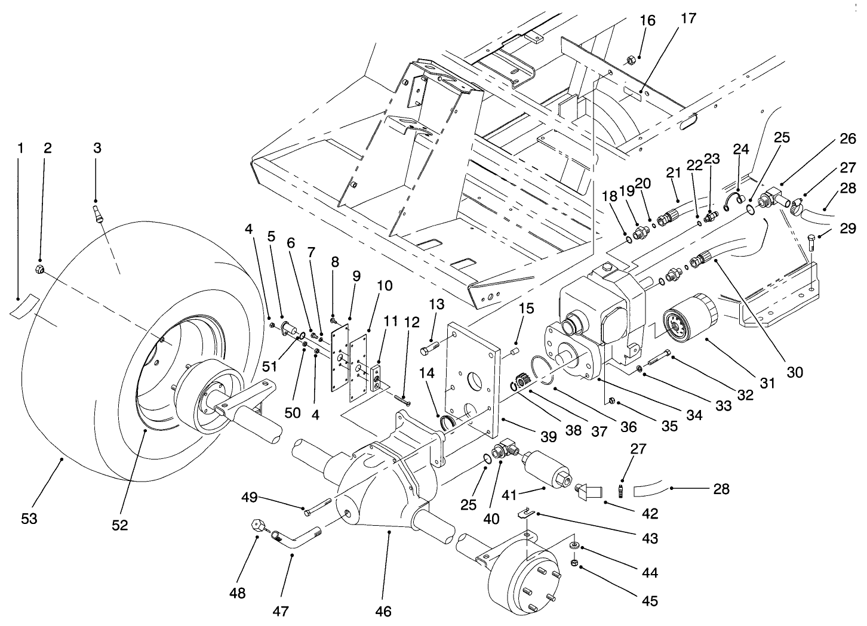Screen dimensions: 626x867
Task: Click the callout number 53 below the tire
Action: point(29,519)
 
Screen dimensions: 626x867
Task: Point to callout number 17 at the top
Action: point(688,18)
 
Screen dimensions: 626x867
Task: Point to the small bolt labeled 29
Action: point(813,242)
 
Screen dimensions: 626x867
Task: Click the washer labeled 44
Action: point(573,545)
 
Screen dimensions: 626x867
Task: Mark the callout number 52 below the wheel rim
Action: point(121,525)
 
